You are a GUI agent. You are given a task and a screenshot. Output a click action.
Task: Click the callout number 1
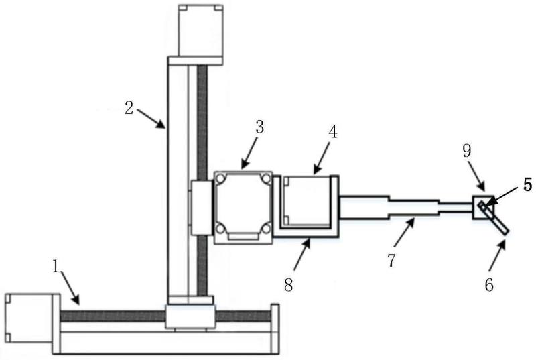click(x=56, y=266)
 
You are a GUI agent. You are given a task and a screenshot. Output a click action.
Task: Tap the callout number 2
click(x=129, y=109)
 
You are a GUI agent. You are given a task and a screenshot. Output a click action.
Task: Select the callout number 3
click(x=260, y=127)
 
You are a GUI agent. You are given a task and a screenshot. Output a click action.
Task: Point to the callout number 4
click(x=332, y=132)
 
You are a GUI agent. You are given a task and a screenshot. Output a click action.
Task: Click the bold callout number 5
click(x=528, y=185)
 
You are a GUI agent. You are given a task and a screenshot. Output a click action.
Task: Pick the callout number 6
click(x=490, y=284)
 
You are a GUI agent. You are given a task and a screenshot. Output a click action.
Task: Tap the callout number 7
click(x=392, y=261)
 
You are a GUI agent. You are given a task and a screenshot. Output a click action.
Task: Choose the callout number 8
click(x=289, y=285)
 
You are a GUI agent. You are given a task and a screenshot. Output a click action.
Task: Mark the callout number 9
click(x=467, y=151)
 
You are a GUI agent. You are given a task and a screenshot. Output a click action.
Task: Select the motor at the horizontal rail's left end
click(x=29, y=318)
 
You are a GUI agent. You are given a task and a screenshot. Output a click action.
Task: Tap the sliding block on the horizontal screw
click(x=190, y=317)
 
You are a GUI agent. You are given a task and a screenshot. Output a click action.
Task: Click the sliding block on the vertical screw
click(x=202, y=208)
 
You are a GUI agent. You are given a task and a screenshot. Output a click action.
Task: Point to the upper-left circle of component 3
click(x=221, y=178)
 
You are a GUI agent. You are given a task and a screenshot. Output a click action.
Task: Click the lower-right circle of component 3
click(x=265, y=228)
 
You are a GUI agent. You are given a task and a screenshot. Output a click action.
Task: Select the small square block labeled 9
click(x=483, y=207)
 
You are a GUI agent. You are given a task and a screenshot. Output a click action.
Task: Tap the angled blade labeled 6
click(x=494, y=218)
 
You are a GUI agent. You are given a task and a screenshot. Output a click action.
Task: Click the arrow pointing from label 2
click(x=151, y=119)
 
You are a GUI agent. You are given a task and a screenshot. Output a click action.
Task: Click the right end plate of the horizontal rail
click(x=275, y=328)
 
